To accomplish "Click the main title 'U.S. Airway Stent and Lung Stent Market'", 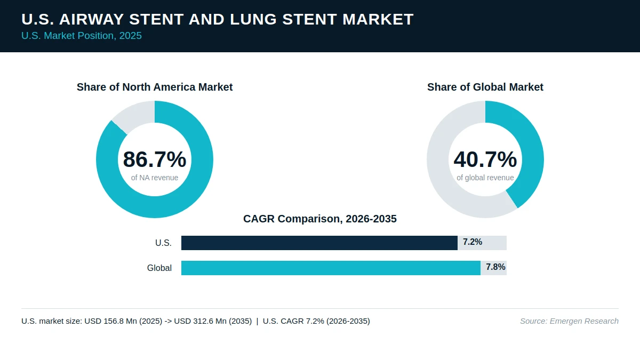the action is coord(218,19).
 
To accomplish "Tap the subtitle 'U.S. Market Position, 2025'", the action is coord(82,36).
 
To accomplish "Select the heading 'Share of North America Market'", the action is coord(155,87).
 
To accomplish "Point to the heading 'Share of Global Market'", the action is coord(485,87).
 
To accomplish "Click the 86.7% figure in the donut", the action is coord(155,159).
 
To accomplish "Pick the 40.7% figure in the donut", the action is coord(485,159).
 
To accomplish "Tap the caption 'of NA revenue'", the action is coord(155,178).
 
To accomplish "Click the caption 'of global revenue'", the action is coord(485,178).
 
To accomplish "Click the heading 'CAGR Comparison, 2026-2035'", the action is coord(320,219).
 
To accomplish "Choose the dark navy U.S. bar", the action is coord(319,243).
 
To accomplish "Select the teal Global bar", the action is coord(331,268).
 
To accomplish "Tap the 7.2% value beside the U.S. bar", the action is coord(473,242).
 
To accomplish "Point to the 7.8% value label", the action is coord(495,267).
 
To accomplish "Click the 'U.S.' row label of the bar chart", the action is coord(163,243).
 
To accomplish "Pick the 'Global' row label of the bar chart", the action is coord(159,268).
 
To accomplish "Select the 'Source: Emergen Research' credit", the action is coord(569,321).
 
